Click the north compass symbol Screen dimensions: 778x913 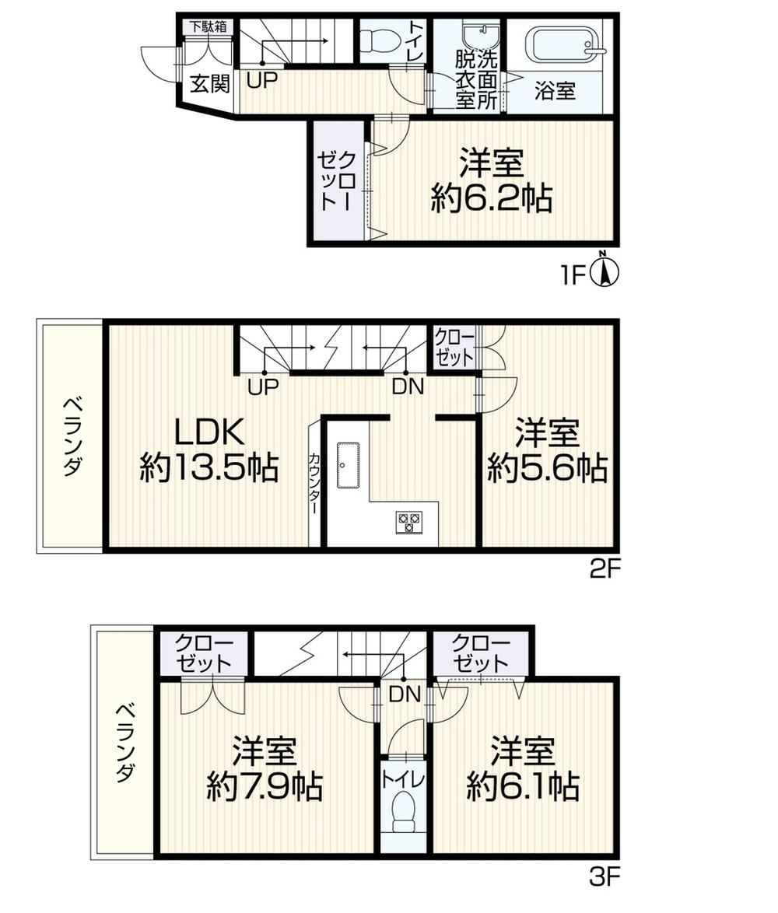click(x=605, y=270)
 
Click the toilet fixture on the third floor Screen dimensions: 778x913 click(x=403, y=812)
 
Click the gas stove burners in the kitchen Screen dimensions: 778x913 click(x=408, y=522)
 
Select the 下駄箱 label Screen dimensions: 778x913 click(x=208, y=26)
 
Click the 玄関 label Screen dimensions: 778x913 click(x=210, y=84)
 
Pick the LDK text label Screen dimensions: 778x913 click(x=209, y=432)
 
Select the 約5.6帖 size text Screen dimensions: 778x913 click(x=547, y=468)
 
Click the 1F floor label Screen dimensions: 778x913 click(x=573, y=275)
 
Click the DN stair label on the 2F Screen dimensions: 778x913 click(x=408, y=387)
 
